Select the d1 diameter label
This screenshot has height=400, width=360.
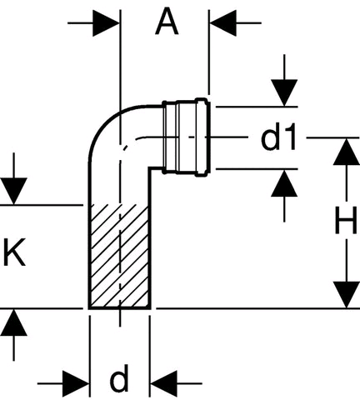tap(278, 137)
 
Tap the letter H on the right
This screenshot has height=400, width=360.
tap(346, 221)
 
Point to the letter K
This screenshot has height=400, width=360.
tap(14, 252)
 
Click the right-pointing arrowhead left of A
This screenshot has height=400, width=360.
tap(106, 23)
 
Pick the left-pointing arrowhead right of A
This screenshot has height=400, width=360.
tap(223, 23)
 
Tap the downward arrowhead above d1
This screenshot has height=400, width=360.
tap(284, 92)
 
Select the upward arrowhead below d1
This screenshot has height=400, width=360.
tap(284, 183)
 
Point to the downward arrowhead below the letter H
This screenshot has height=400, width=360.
tap(347, 295)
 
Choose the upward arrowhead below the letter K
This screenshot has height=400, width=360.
tap(13, 322)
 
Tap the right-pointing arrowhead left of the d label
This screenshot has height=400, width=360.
tap(76, 383)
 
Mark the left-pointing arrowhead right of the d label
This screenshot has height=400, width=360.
tap(163, 383)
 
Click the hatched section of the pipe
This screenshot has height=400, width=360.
tap(120, 256)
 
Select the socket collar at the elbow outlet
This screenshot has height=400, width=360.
tap(186, 137)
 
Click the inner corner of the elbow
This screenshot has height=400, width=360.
tap(150, 168)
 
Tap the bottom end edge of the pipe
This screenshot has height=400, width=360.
tap(120, 308)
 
